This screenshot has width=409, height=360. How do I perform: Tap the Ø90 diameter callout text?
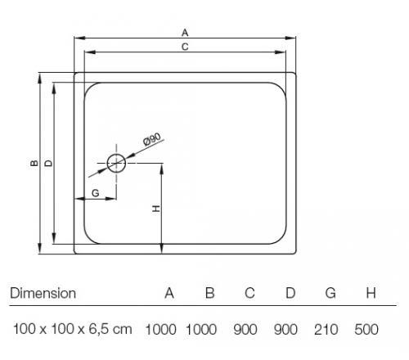click(x=152, y=139)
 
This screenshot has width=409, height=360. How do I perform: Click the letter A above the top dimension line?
click(x=185, y=33)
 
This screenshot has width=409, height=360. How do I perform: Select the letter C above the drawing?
click(x=185, y=47)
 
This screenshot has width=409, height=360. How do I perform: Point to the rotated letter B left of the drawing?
click(x=34, y=163)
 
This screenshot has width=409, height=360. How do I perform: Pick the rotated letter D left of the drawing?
click(x=48, y=163)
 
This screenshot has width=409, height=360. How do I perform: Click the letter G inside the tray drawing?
click(x=96, y=193)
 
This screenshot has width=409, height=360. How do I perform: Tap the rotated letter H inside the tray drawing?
click(x=156, y=209)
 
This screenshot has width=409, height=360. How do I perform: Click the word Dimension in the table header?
click(x=43, y=293)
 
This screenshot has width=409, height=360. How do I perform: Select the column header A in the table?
click(x=169, y=293)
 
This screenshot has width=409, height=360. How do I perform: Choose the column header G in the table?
click(x=330, y=293)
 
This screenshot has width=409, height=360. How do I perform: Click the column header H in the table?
click(x=371, y=293)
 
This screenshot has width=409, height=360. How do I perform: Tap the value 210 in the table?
click(x=326, y=329)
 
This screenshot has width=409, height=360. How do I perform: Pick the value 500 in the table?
click(x=366, y=329)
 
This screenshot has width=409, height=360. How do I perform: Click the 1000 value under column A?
click(x=161, y=329)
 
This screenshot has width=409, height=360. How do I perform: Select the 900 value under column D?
click(x=285, y=329)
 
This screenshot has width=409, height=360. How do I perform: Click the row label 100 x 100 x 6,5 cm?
click(x=73, y=329)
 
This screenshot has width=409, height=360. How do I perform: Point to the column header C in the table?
click(x=249, y=293)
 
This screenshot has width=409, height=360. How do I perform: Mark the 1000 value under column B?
click(x=201, y=329)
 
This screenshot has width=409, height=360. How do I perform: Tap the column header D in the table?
click(x=290, y=293)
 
